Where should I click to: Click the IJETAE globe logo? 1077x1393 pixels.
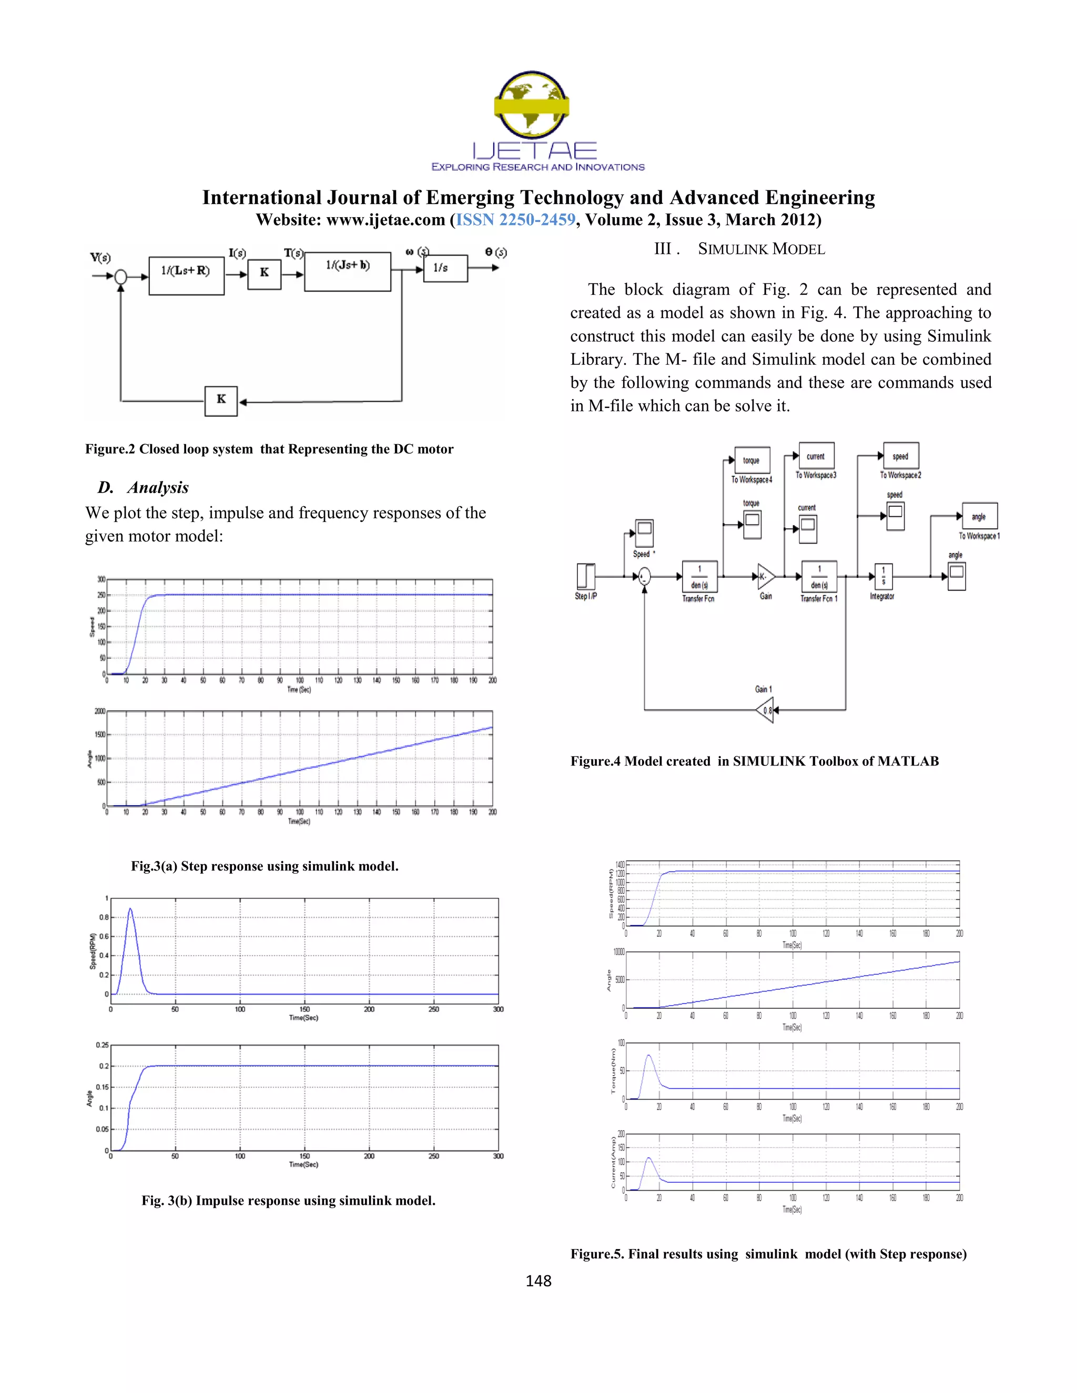pyautogui.click(x=532, y=105)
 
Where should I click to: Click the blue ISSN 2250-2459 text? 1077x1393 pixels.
pyautogui.click(x=515, y=220)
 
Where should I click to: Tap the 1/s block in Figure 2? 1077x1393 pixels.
pyautogui.click(x=445, y=269)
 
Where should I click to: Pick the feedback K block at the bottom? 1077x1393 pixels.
pyautogui.click(x=221, y=401)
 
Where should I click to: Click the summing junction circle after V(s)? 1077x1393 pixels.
pyautogui.click(x=120, y=276)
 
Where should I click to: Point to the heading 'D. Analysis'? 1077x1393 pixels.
pyautogui.click(x=144, y=487)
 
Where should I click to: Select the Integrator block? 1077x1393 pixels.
pyautogui.click(x=883, y=577)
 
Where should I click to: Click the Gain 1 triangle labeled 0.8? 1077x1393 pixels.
pyautogui.click(x=765, y=710)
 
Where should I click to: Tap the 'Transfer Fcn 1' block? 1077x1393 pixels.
pyautogui.click(x=819, y=577)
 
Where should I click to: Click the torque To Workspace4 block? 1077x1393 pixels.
pyautogui.click(x=751, y=460)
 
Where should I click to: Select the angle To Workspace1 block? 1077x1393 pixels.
pyautogui.click(x=979, y=516)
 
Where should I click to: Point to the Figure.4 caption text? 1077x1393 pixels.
pyautogui.click(x=754, y=761)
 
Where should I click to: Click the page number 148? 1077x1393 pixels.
pyautogui.click(x=538, y=1281)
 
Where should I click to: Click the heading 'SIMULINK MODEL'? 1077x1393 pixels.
pyautogui.click(x=760, y=249)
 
